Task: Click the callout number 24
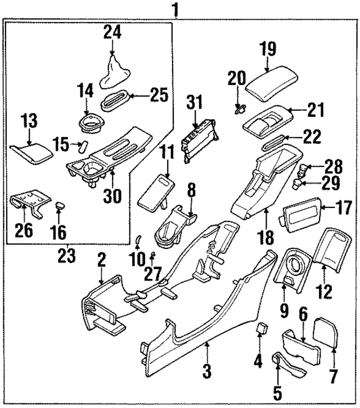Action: (112, 33)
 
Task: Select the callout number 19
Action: (267, 49)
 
